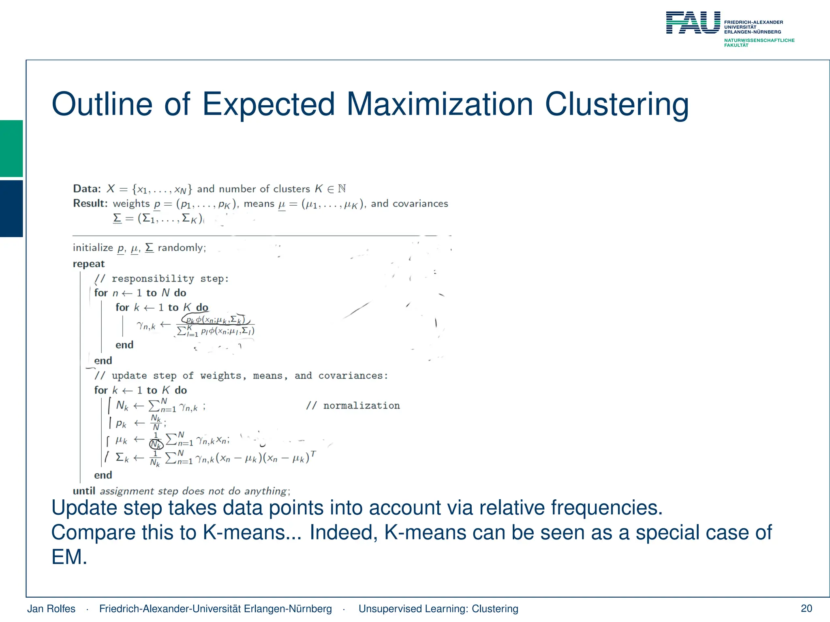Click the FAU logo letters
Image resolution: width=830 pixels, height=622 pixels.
point(693,23)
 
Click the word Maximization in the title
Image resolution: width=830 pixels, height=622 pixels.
point(440,104)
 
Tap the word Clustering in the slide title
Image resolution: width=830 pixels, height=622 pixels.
point(616,104)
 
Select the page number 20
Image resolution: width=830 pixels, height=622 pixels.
point(806,608)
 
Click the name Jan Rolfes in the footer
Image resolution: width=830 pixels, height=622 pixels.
point(51,609)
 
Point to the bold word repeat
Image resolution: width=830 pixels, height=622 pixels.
point(89,264)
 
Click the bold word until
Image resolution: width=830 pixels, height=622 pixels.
point(84,491)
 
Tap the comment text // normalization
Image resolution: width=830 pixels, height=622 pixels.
point(353,406)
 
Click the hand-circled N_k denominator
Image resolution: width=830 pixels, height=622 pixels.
point(156,445)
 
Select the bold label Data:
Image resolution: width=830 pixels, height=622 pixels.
point(87,189)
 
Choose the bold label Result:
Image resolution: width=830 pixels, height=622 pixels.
point(90,203)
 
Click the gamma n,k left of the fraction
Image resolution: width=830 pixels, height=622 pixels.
point(146,325)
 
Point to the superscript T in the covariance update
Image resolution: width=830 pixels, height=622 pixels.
point(313,454)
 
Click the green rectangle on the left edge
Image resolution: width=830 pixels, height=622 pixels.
point(11,148)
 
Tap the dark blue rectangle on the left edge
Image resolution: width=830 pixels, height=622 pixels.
point(11,208)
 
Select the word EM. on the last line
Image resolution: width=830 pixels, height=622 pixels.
point(69,557)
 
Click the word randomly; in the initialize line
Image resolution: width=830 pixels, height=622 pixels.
point(182,248)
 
